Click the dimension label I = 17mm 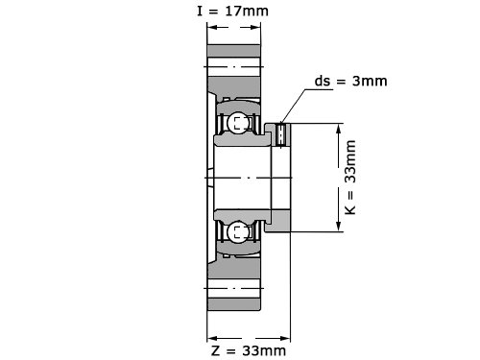tap(232, 12)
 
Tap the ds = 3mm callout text tap(351, 81)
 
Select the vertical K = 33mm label tap(350, 178)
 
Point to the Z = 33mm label tap(249, 350)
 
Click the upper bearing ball tap(238, 122)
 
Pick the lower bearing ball tap(238, 231)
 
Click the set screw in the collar tap(280, 134)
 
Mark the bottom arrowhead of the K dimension tap(339, 225)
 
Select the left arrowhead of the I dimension tap(213, 27)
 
